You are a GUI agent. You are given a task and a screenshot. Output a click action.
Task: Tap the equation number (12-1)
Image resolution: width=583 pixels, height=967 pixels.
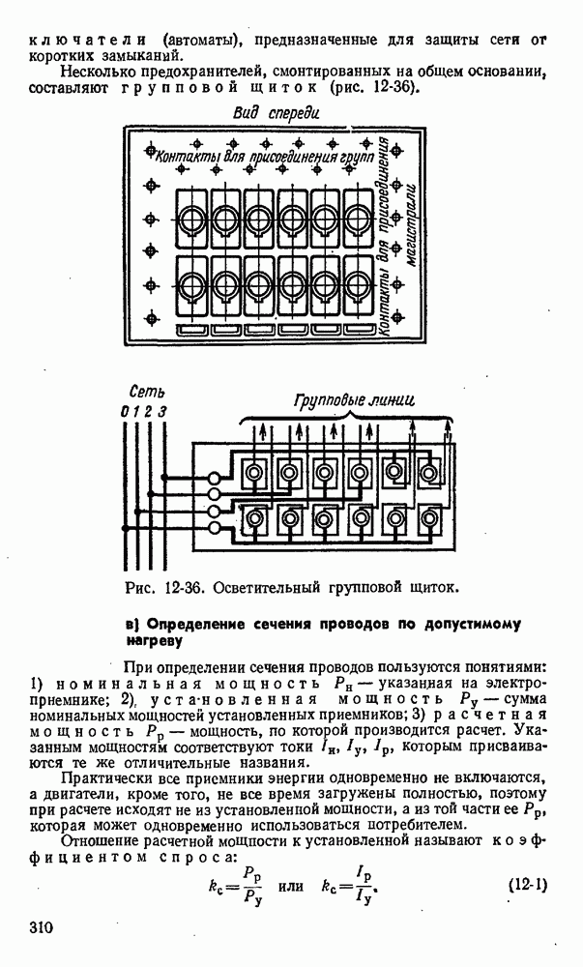pyautogui.click(x=527, y=885)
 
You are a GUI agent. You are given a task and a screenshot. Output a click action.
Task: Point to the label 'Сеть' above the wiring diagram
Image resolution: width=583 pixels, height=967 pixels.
pyautogui.click(x=146, y=393)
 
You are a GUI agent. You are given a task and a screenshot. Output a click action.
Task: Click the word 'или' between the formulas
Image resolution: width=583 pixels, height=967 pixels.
pyautogui.click(x=292, y=885)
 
